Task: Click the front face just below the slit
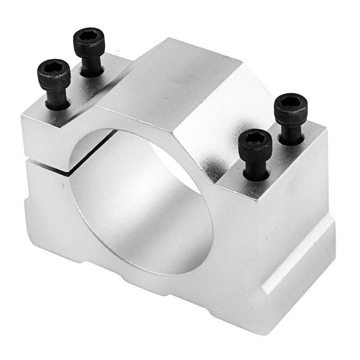[45, 189]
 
